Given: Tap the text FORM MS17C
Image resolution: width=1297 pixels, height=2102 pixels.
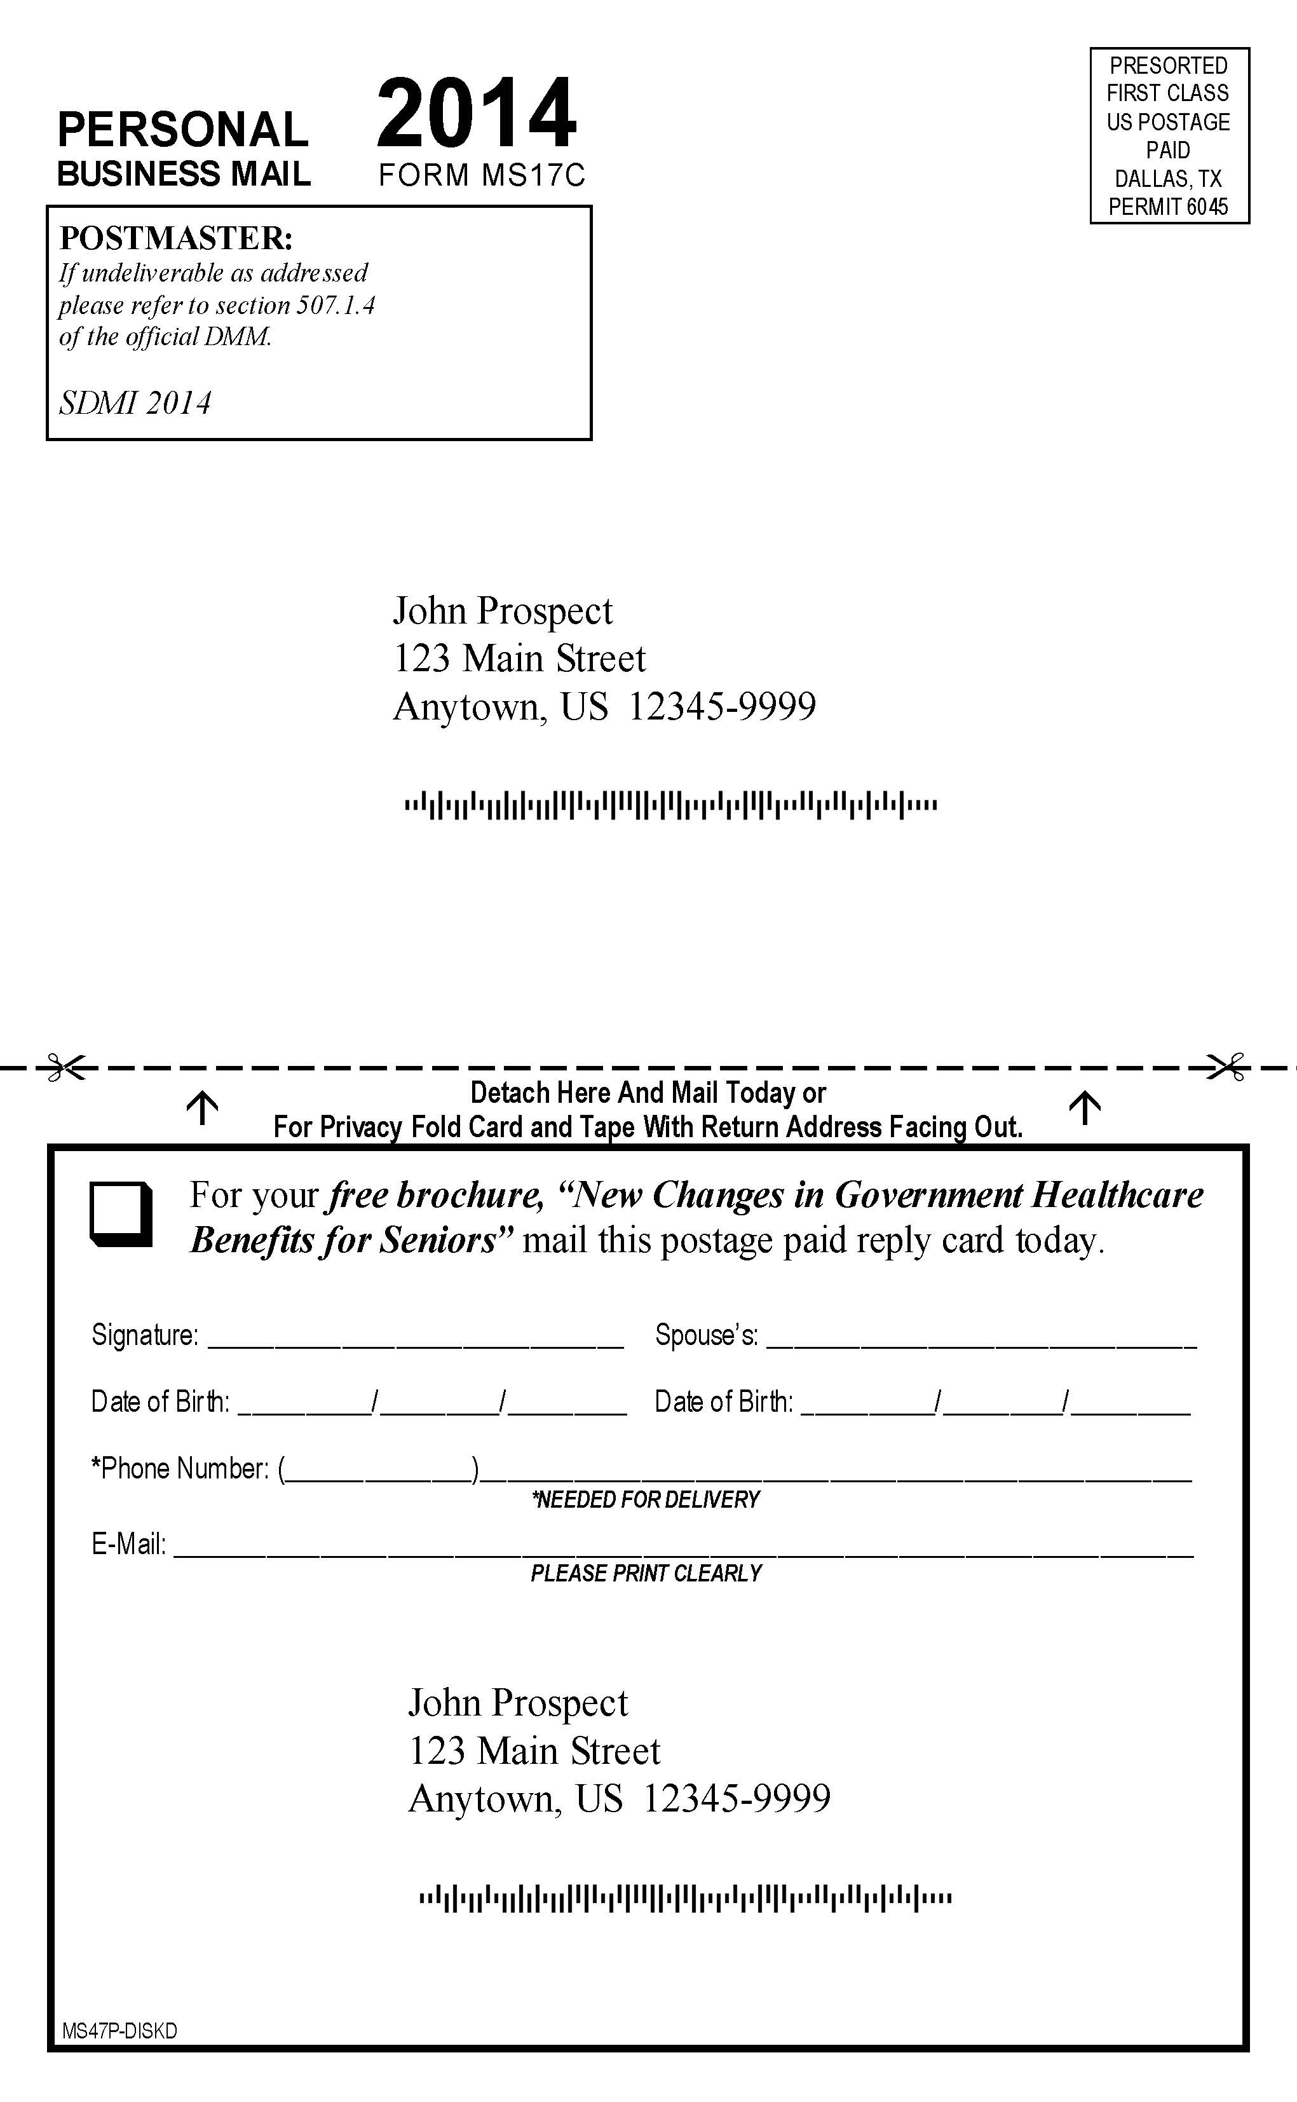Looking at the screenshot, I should point(481,175).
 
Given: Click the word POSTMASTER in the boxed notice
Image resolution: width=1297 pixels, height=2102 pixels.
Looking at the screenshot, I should point(176,238).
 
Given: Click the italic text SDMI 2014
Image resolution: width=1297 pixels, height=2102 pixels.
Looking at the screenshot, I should point(135,403).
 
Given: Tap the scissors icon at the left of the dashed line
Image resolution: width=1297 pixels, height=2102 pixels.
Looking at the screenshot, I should point(66,1067).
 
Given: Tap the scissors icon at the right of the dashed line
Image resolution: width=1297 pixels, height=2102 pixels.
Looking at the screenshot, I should point(1226,1067).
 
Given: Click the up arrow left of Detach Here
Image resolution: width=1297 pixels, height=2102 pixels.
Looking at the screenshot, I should point(203,1108).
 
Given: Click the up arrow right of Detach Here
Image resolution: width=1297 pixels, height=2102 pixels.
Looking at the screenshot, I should point(1084,1108).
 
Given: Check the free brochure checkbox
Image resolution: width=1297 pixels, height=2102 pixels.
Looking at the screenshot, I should point(121,1214).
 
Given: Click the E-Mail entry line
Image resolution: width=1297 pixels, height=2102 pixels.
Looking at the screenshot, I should point(682,1548).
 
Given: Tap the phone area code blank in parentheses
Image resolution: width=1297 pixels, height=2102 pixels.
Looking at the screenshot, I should point(378,1471).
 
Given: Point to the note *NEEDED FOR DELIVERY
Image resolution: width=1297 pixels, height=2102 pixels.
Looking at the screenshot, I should point(646,1499).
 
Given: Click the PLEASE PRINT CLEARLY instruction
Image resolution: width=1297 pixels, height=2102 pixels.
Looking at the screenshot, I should point(646,1574).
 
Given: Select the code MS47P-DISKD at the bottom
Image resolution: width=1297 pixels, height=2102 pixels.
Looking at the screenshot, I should point(119,2031).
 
